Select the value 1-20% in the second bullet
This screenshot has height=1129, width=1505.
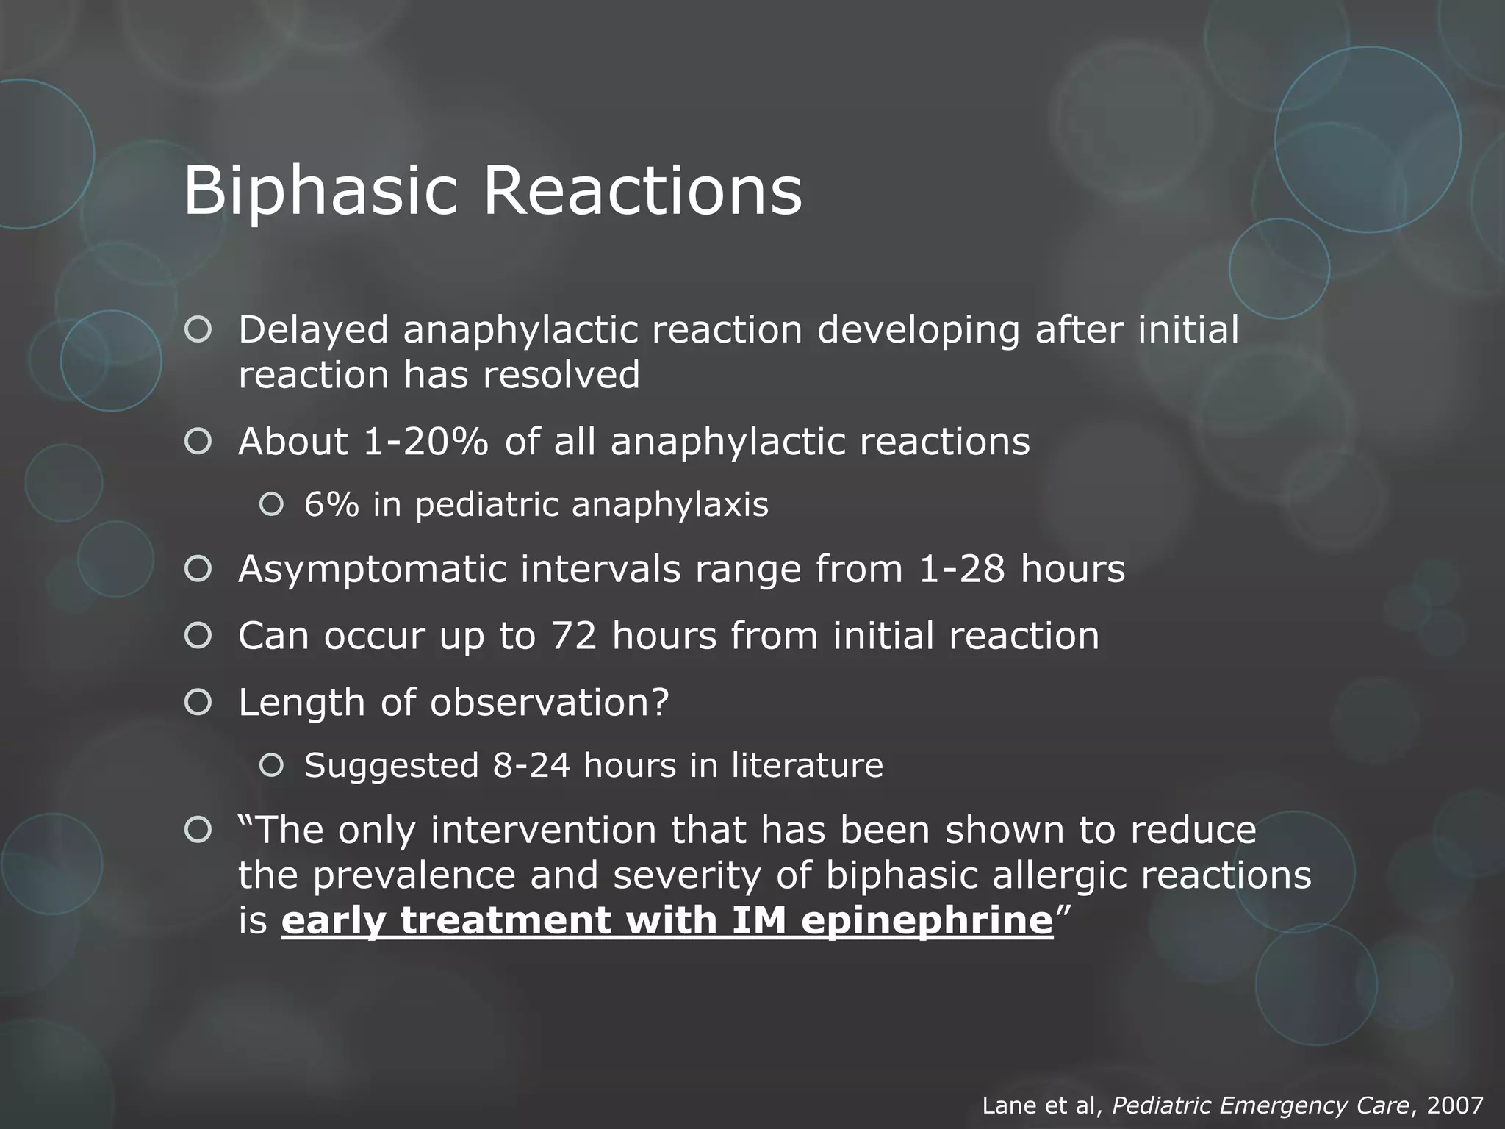pos(425,442)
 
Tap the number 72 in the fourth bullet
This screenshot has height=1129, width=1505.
pos(573,636)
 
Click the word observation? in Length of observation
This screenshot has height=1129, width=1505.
pos(550,703)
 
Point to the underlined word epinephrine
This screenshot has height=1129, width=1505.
pos(927,921)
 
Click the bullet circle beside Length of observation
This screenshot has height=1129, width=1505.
pos(198,703)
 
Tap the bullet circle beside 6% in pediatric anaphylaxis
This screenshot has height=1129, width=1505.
pos(271,504)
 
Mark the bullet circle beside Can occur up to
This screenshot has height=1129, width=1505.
pos(198,635)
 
